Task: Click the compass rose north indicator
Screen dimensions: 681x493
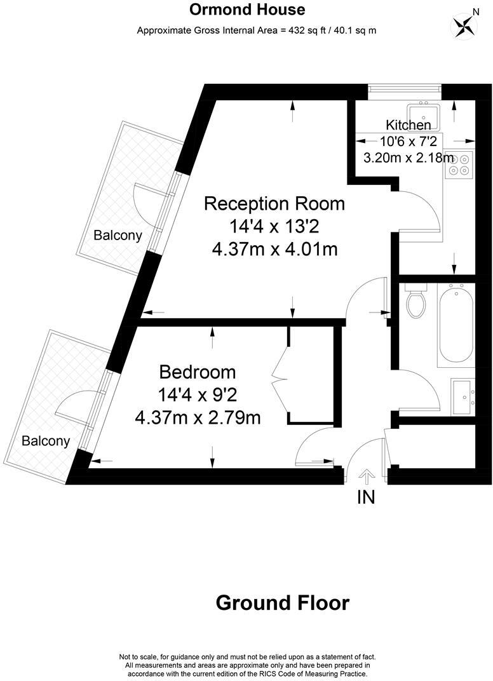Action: coord(464,25)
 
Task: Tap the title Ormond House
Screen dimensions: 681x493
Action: coord(248,10)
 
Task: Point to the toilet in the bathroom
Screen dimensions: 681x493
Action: coord(417,304)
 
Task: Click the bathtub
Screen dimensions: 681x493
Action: coord(456,324)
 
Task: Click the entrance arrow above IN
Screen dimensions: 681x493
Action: coord(367,476)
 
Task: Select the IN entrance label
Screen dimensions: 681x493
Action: coord(367,497)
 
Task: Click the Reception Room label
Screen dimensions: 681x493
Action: coord(274,204)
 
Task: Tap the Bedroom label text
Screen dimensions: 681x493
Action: coord(198,372)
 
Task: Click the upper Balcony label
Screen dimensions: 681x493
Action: coord(118,235)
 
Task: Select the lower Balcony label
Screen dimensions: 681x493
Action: coord(46,441)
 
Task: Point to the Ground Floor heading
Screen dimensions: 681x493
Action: coord(282,602)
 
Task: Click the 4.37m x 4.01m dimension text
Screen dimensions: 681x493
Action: coord(274,249)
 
